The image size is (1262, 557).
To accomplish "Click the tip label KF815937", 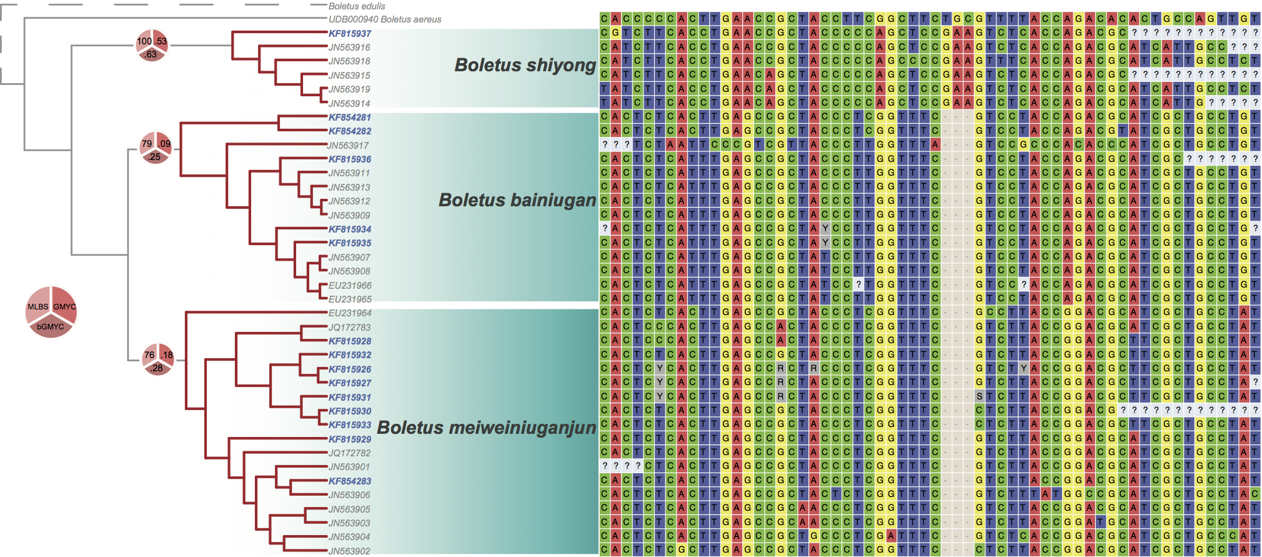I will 350,34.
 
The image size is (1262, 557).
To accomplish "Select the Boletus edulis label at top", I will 357,6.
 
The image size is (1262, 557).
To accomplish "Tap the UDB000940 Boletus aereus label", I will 385,19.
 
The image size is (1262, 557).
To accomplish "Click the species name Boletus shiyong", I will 525,65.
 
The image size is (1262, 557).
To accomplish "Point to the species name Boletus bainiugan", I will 517,200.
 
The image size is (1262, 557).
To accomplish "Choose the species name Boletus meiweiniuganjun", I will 486,428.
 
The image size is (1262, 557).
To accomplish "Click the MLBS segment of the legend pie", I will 37,306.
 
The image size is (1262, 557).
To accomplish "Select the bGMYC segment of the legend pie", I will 51,327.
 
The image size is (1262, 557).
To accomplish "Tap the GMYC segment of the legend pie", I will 65,306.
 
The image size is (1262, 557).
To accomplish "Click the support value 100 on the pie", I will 144,41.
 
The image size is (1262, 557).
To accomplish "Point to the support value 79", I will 147,144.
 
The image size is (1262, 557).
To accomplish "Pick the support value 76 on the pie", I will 149,355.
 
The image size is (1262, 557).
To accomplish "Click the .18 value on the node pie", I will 167,355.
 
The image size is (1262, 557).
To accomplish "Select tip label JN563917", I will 348,146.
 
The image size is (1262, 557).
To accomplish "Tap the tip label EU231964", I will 350,313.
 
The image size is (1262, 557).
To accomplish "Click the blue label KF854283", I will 350,481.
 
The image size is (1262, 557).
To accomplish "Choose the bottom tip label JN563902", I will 349,551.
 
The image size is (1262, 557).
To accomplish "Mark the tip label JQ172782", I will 349,453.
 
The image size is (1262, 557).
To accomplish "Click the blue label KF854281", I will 350,118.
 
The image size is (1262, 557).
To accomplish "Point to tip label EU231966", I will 350,286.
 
